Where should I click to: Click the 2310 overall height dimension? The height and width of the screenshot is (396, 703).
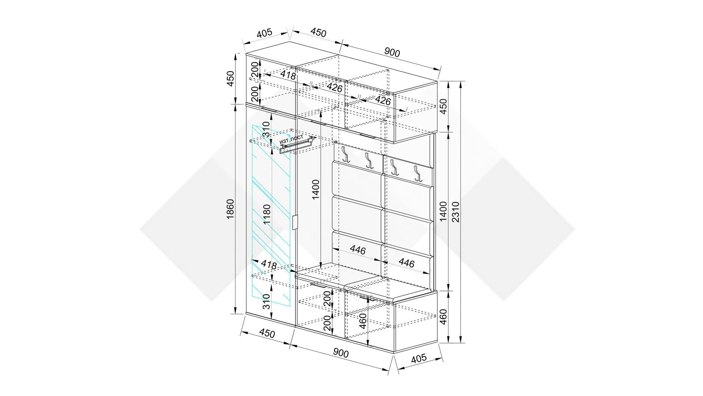tap(455, 212)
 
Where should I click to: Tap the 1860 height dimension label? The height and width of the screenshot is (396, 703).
tap(230, 209)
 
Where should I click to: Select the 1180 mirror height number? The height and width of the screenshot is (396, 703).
tap(267, 214)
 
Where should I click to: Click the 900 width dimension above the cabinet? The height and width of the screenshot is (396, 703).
tap(392, 52)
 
